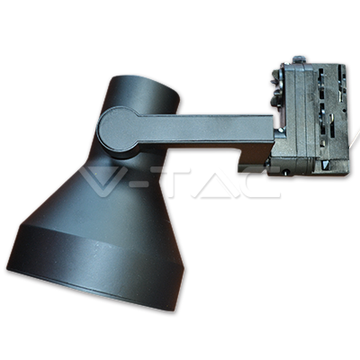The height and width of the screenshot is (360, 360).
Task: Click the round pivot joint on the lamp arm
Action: tap(119, 132)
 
